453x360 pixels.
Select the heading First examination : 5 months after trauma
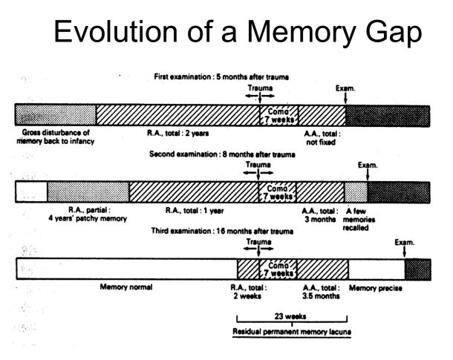click(x=221, y=76)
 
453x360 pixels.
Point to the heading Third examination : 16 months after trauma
click(x=221, y=231)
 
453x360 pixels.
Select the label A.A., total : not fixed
click(x=320, y=136)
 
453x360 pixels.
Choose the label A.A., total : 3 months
click(x=320, y=215)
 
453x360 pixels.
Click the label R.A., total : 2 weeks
click(x=252, y=291)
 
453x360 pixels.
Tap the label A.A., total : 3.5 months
click(x=320, y=291)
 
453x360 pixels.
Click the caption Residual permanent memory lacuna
click(x=286, y=331)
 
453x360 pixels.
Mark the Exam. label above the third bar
click(x=405, y=242)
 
